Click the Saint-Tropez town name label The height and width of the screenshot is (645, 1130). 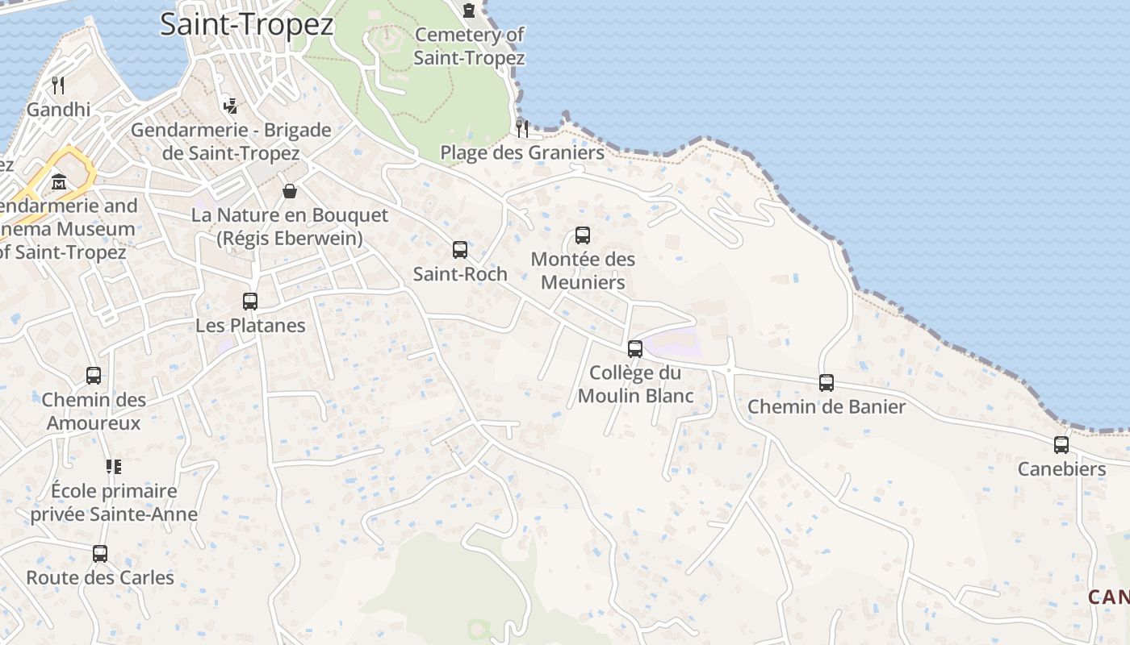(x=246, y=24)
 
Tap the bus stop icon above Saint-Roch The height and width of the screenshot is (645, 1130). (x=460, y=250)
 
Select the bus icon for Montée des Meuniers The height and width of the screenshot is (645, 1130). (x=583, y=235)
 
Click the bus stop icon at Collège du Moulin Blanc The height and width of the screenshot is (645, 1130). (x=635, y=349)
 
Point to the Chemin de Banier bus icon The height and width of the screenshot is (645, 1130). (x=827, y=383)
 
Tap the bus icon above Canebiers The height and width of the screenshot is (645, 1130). (x=1061, y=445)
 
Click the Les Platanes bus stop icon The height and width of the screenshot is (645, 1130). (x=250, y=302)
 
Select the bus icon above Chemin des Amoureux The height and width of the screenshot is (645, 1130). (x=94, y=376)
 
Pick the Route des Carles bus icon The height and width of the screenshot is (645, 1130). (x=100, y=554)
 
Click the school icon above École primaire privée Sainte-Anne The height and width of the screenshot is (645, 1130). (x=114, y=466)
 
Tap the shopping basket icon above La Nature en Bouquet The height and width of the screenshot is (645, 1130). (x=290, y=191)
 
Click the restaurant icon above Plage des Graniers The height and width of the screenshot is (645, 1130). (x=522, y=128)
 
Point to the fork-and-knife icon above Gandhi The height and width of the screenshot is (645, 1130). (x=58, y=85)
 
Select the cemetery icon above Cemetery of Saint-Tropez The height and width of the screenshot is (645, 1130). (x=469, y=10)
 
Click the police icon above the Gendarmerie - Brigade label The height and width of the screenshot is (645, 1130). (x=231, y=105)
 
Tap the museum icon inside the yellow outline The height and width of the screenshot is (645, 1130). (x=59, y=182)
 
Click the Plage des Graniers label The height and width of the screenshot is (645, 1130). (x=521, y=152)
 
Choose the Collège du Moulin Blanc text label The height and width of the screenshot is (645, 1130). (x=635, y=384)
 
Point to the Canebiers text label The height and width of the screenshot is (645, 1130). (x=1061, y=468)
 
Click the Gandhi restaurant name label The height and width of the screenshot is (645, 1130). (x=58, y=109)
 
